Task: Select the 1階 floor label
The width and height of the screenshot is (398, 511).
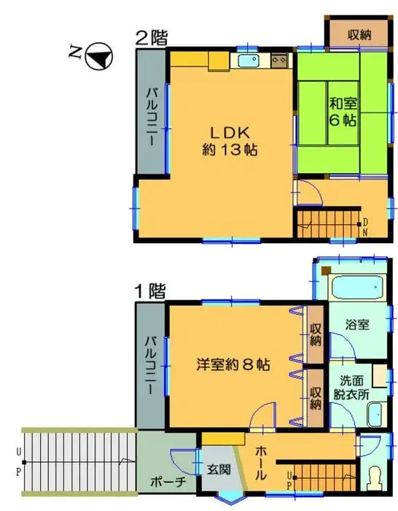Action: [x=149, y=291]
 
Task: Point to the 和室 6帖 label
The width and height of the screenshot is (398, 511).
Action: [x=341, y=112]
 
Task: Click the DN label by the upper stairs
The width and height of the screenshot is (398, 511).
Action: [x=364, y=227]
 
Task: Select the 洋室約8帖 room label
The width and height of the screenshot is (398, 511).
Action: [x=234, y=363]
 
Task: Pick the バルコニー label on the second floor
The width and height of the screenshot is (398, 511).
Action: [x=152, y=117]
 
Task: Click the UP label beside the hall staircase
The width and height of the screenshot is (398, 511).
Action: [x=289, y=480]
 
